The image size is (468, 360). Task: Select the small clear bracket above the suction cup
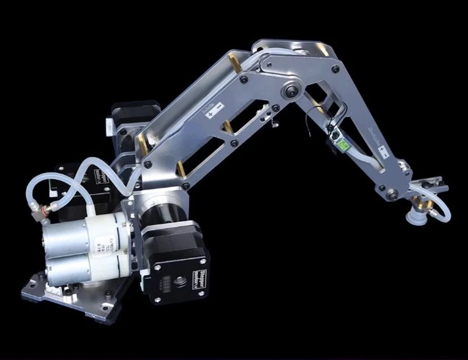click(x=430, y=186)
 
